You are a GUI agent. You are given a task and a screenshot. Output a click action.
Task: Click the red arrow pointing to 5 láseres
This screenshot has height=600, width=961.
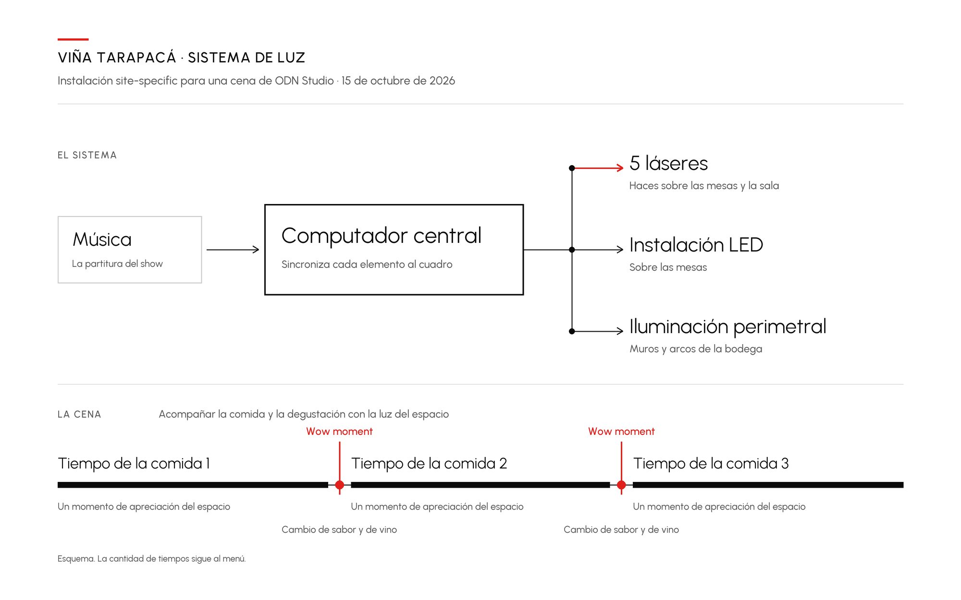[x=598, y=168]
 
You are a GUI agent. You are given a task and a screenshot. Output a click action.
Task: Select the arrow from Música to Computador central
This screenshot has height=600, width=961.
[x=233, y=250]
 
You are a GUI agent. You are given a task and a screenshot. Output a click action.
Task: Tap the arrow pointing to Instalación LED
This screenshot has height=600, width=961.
[x=598, y=250]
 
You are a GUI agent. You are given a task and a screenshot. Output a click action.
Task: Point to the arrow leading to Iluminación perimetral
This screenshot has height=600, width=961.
[x=598, y=331]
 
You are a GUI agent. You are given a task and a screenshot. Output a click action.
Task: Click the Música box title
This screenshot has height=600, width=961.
[x=102, y=239]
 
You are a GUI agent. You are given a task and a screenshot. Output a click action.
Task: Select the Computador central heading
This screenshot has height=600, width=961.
[x=381, y=236]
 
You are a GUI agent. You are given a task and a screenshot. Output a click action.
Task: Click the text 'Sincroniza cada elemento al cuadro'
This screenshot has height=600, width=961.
[x=367, y=264]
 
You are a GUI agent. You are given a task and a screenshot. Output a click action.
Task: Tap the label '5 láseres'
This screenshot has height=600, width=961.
[x=668, y=163]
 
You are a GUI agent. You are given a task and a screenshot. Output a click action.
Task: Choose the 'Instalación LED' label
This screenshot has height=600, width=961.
[x=696, y=245]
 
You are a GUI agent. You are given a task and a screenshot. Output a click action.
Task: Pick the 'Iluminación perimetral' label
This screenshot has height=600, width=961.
[x=728, y=327]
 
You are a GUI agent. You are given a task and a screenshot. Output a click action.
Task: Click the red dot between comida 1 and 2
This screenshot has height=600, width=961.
[x=340, y=485]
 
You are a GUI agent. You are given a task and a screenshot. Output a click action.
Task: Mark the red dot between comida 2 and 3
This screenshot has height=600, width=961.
[x=621, y=485]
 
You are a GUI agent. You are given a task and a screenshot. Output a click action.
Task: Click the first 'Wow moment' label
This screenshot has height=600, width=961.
[x=339, y=432]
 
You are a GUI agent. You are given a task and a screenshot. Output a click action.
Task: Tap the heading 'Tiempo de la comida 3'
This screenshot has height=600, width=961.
[x=711, y=463]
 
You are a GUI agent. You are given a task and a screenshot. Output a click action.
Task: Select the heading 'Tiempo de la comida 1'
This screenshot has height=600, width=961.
[x=134, y=463]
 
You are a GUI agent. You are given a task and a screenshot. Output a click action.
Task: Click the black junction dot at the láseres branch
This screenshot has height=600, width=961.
[x=572, y=168]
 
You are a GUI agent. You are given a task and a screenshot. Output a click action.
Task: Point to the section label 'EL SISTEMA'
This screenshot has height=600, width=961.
[x=87, y=155]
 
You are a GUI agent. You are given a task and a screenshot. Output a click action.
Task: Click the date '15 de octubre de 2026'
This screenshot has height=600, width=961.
[x=398, y=81]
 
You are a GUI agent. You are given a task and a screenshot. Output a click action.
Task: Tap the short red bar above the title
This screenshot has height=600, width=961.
[x=73, y=39]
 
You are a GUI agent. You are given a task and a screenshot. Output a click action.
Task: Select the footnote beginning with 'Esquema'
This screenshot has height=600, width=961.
[x=151, y=559]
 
